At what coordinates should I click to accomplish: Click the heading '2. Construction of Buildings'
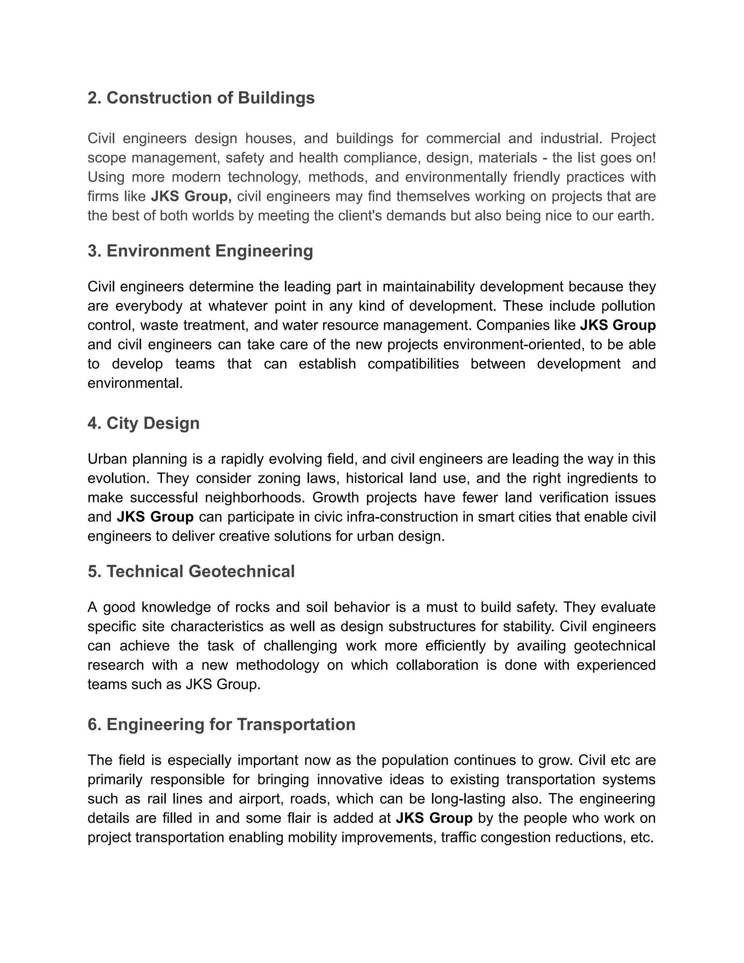pos(201,98)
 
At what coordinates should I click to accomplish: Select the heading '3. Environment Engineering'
pos(200,251)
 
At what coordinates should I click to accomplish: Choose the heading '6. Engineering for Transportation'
pos(221,725)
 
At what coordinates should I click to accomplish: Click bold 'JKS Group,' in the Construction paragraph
pos(191,196)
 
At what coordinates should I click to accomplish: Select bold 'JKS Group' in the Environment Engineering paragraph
pos(618,325)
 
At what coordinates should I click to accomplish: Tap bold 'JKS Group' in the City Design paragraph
pos(155,517)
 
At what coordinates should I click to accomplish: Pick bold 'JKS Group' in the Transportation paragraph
pos(434,818)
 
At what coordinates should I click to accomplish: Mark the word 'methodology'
pos(277,665)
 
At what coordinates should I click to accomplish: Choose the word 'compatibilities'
pos(413,364)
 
